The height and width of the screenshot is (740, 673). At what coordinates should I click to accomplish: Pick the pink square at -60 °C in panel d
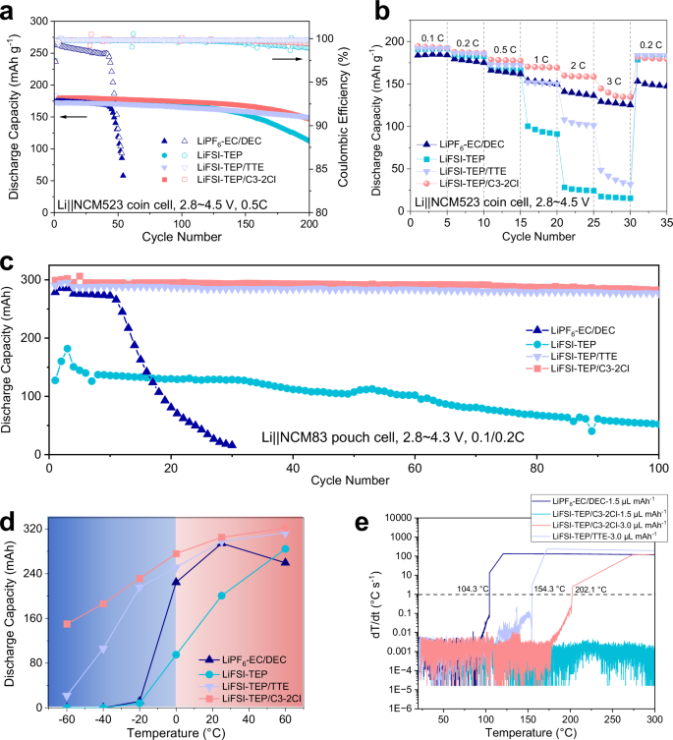click(x=67, y=623)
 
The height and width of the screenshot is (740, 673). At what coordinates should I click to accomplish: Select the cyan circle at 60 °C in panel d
click(x=286, y=549)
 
